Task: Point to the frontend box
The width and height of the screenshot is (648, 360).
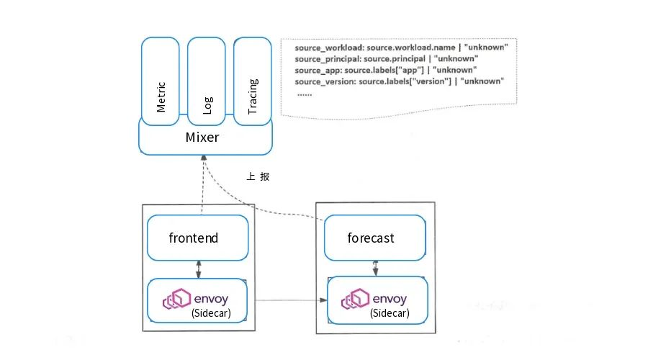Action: [x=197, y=238]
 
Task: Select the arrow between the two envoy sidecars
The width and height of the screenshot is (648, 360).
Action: [x=287, y=300]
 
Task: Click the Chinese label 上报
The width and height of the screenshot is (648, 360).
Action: [x=258, y=176]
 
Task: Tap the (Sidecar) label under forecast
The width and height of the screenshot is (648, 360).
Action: [x=390, y=314]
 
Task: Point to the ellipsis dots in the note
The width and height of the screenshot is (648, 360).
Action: [x=304, y=94]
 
